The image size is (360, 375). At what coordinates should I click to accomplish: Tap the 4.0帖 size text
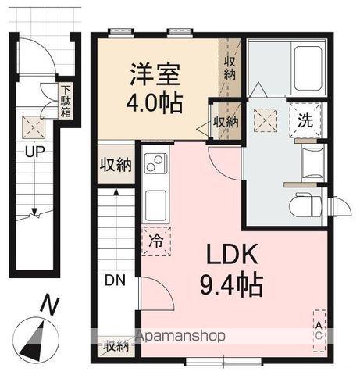point(155,102)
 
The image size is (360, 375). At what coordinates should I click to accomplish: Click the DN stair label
point(114,280)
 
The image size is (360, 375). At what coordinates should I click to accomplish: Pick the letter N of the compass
point(48,305)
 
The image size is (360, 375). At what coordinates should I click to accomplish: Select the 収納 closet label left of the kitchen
point(116,165)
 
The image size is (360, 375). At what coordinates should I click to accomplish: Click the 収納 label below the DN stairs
point(116,346)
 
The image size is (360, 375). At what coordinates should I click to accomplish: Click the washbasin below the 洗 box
point(311,160)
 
